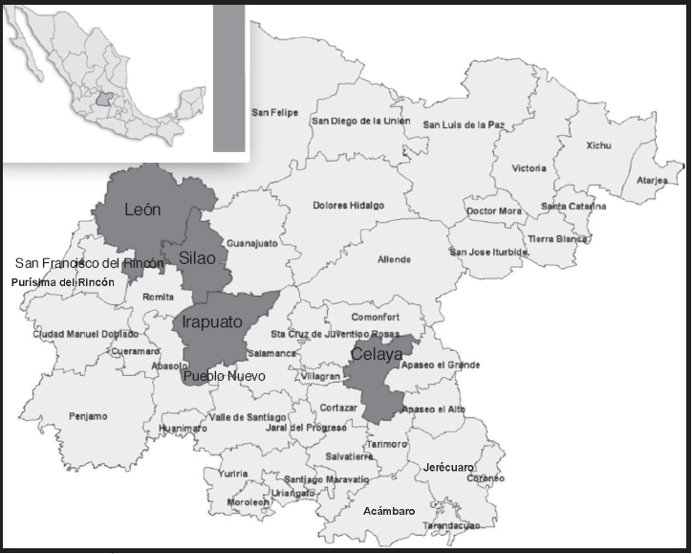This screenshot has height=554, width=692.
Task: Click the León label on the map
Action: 142,210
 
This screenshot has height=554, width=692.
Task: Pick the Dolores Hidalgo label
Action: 348,206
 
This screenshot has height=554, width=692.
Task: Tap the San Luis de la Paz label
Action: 464,124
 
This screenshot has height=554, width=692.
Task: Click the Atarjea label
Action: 651,179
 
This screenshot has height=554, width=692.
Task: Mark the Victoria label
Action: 530,168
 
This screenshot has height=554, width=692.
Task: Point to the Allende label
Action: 394,259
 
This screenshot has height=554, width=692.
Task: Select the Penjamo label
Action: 88,416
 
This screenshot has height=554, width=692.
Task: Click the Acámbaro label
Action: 390,511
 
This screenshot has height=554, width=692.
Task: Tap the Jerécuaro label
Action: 447,467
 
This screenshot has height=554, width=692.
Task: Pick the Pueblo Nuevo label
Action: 224,376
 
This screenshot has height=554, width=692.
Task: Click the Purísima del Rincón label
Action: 62,283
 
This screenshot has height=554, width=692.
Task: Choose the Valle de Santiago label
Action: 248,417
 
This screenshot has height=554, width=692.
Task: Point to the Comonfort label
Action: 374,317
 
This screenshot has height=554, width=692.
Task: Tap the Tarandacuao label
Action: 452,525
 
